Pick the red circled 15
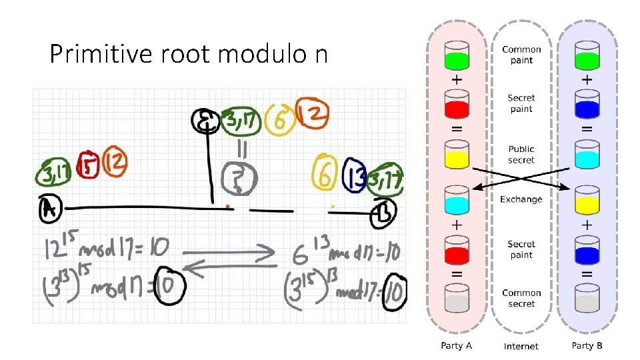tap(88, 165)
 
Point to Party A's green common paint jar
tap(457, 57)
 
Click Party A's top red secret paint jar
tap(457, 105)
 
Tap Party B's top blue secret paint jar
tap(587, 105)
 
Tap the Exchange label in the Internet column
tap(521, 199)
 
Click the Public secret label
tap(521, 155)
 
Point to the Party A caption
tap(457, 345)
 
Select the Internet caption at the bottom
tap(521, 346)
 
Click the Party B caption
tap(587, 345)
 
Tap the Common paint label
tap(521, 55)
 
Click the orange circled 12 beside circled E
tap(311, 117)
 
